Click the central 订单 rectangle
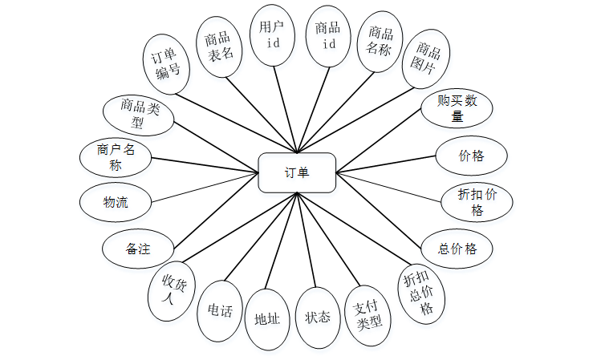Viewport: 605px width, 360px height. (297, 172)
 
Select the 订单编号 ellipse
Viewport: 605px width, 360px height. (167, 64)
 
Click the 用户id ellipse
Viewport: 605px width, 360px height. (273, 35)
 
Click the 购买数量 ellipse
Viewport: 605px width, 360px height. (456, 108)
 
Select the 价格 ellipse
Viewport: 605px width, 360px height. (472, 156)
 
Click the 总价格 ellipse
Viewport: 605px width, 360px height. (457, 249)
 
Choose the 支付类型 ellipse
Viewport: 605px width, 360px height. (367, 316)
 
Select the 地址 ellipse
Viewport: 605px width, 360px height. (267, 319)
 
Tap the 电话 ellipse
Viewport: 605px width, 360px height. (220, 311)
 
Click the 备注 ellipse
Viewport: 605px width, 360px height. (138, 249)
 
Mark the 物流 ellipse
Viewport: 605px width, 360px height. (116, 202)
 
